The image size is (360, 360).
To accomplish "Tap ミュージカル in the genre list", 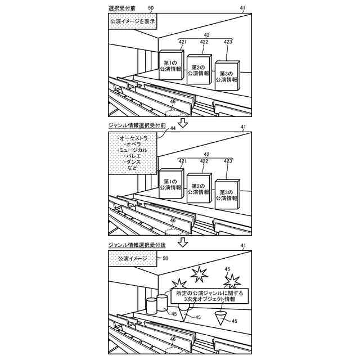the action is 131,150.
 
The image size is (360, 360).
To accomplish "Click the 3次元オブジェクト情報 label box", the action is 209,296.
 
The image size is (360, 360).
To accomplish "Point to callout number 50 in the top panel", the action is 150,8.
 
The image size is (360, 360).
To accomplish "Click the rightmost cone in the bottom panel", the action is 223,319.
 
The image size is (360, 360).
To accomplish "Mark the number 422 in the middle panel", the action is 204,161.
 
